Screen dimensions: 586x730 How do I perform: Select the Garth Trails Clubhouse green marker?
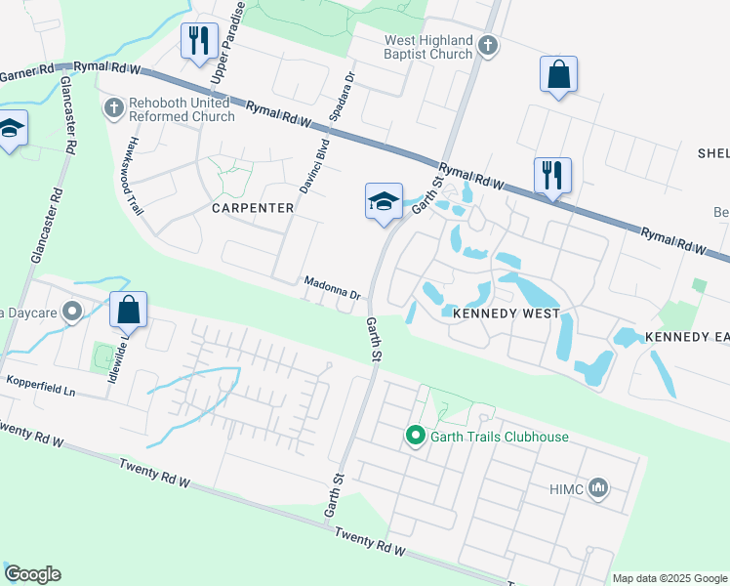(x=415, y=437)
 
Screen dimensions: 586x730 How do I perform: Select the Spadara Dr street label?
(x=339, y=96)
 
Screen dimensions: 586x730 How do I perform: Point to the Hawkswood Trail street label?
(x=134, y=176)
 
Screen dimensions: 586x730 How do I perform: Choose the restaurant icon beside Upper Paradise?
(x=198, y=40)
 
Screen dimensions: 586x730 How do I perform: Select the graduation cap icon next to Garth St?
(x=384, y=201)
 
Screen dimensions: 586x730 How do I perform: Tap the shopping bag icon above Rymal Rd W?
(x=558, y=73)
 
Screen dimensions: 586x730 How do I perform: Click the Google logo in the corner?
(x=32, y=574)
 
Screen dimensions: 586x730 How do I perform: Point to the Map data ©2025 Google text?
(x=669, y=578)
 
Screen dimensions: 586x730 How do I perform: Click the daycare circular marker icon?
(x=71, y=313)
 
